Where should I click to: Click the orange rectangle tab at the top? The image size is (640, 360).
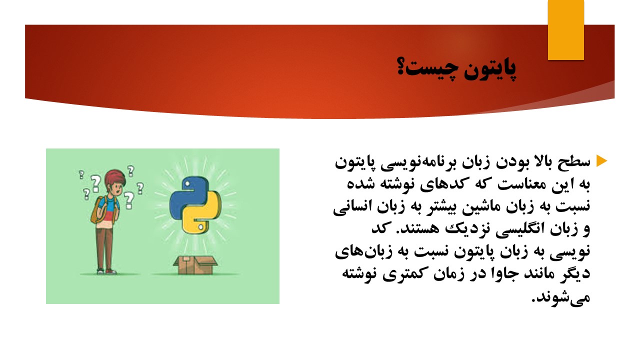point(565,30)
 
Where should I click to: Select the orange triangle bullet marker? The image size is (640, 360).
point(601,161)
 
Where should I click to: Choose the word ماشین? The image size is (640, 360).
point(483,207)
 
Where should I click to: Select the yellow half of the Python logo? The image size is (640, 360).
point(201,213)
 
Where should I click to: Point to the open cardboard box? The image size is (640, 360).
point(195,265)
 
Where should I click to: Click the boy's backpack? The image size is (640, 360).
point(97,210)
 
